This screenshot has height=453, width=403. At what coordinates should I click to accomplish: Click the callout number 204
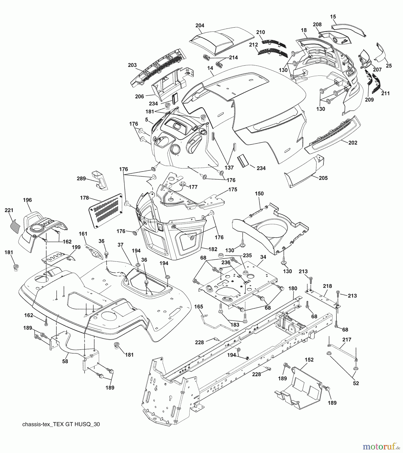200,25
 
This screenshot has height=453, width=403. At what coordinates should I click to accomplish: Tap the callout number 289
81,179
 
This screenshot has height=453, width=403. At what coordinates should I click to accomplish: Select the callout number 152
309,360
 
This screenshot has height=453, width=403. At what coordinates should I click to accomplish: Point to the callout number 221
9,210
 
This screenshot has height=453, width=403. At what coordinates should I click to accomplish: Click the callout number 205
323,178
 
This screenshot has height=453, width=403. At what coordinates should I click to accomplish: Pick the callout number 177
193,187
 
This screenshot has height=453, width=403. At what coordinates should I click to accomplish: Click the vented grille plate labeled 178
106,211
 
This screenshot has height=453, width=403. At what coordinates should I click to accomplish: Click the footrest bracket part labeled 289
100,180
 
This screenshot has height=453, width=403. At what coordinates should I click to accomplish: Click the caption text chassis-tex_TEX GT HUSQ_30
61,424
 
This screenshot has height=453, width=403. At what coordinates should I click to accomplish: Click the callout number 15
333,17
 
